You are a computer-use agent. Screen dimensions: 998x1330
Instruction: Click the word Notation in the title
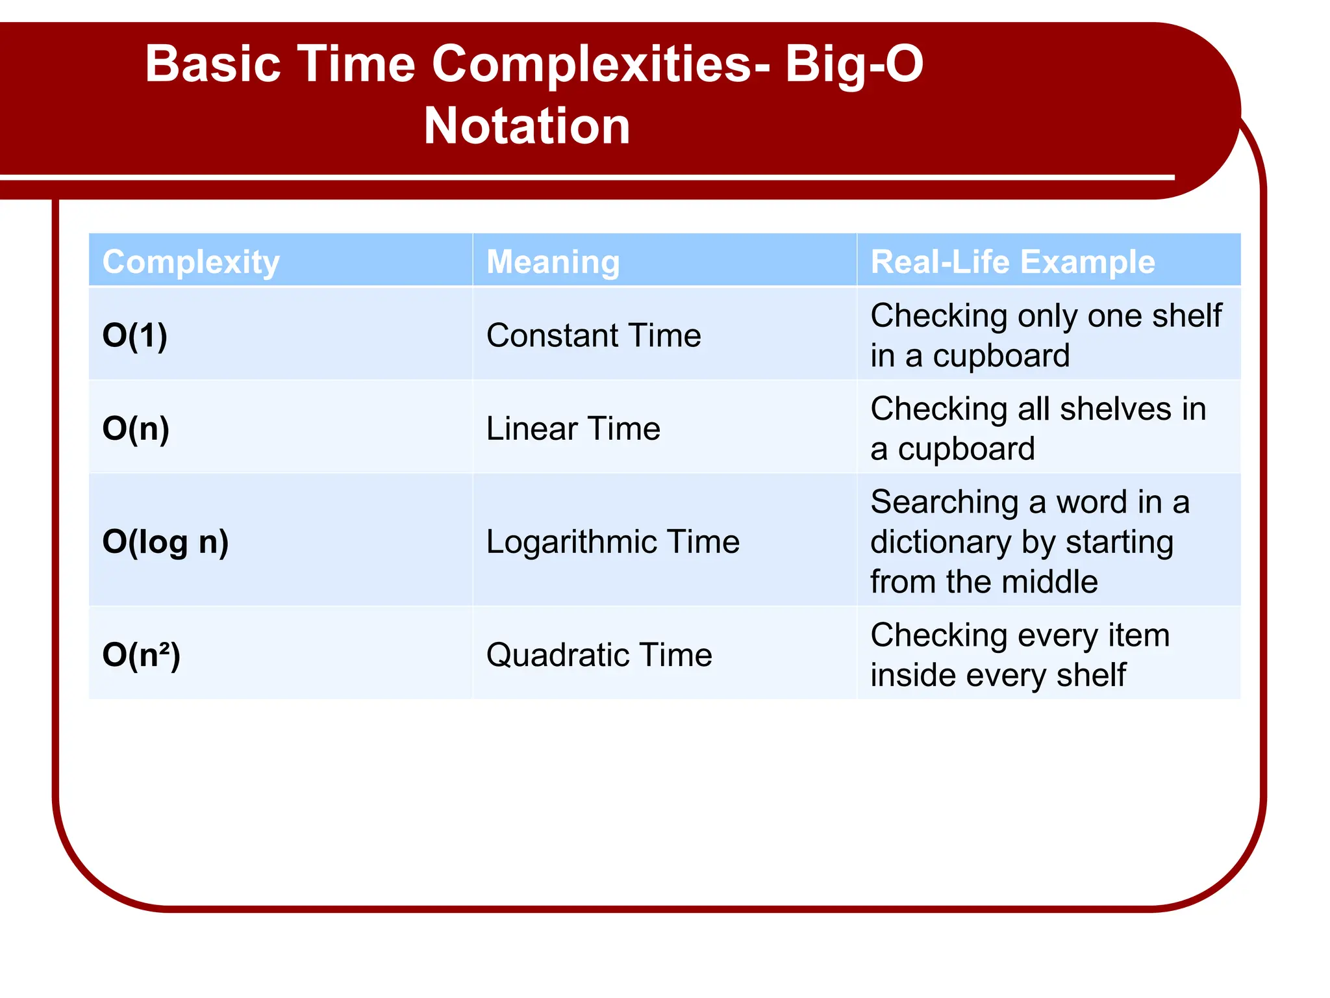pyautogui.click(x=527, y=126)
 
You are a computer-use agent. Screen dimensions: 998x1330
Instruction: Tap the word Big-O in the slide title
pyautogui.click(x=853, y=64)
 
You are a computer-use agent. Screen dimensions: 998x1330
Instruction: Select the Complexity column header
pyautogui.click(x=191, y=262)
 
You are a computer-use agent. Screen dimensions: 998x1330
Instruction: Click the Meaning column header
pyautogui.click(x=553, y=262)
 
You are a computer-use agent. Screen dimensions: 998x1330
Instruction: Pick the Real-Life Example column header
pyautogui.click(x=1012, y=262)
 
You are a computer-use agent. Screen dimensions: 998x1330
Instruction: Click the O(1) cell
pyautogui.click(x=135, y=335)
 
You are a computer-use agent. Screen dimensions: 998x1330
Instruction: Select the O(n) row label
pyautogui.click(x=136, y=428)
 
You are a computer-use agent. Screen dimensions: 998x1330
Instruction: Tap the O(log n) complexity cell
pyautogui.click(x=166, y=541)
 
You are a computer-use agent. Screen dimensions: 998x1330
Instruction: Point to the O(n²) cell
pyautogui.click(x=141, y=654)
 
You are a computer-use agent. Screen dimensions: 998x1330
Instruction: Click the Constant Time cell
pyautogui.click(x=594, y=335)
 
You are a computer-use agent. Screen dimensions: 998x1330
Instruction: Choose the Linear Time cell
pyautogui.click(x=573, y=429)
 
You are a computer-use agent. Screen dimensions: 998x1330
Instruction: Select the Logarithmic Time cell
pyautogui.click(x=612, y=541)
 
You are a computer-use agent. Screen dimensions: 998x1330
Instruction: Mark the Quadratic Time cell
pyautogui.click(x=599, y=654)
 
